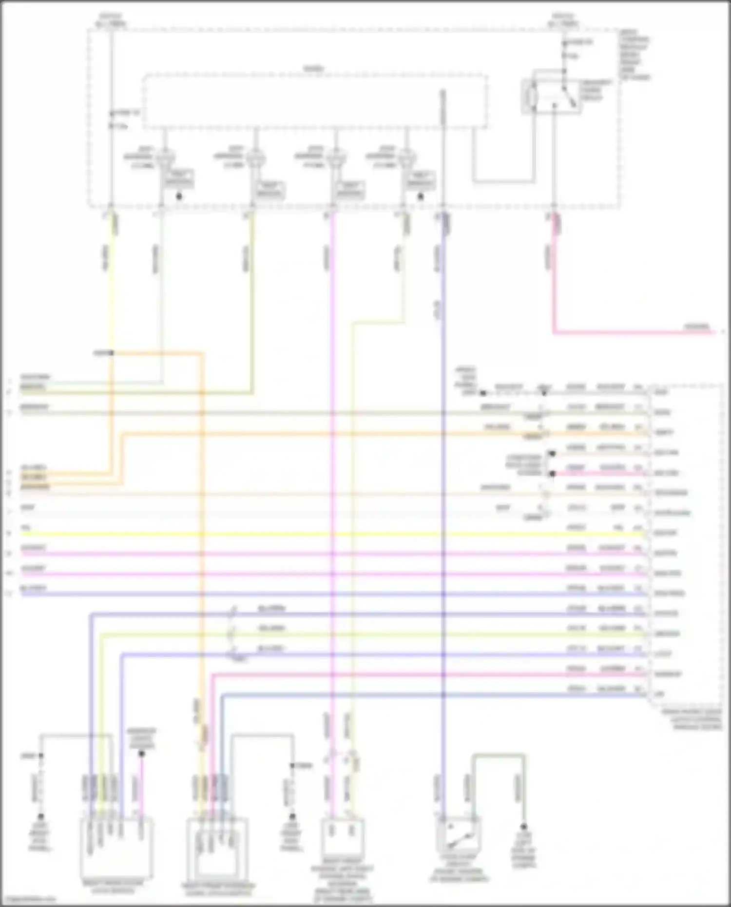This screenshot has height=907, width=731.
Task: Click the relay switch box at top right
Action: [x=551, y=96]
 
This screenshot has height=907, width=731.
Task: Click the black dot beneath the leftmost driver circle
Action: [x=179, y=197]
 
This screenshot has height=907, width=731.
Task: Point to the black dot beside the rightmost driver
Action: [x=421, y=197]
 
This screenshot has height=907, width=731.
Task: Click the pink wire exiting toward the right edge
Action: [x=634, y=333]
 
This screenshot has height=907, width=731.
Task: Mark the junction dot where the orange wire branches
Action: [x=112, y=353]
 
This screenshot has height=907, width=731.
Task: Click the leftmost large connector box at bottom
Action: [x=116, y=848]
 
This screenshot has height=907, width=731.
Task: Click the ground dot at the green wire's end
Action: [x=524, y=827]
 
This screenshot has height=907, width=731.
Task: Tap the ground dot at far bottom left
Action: [x=41, y=816]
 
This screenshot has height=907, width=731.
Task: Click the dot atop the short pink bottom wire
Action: [x=142, y=754]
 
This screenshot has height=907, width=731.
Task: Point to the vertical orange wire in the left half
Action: [x=202, y=536]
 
